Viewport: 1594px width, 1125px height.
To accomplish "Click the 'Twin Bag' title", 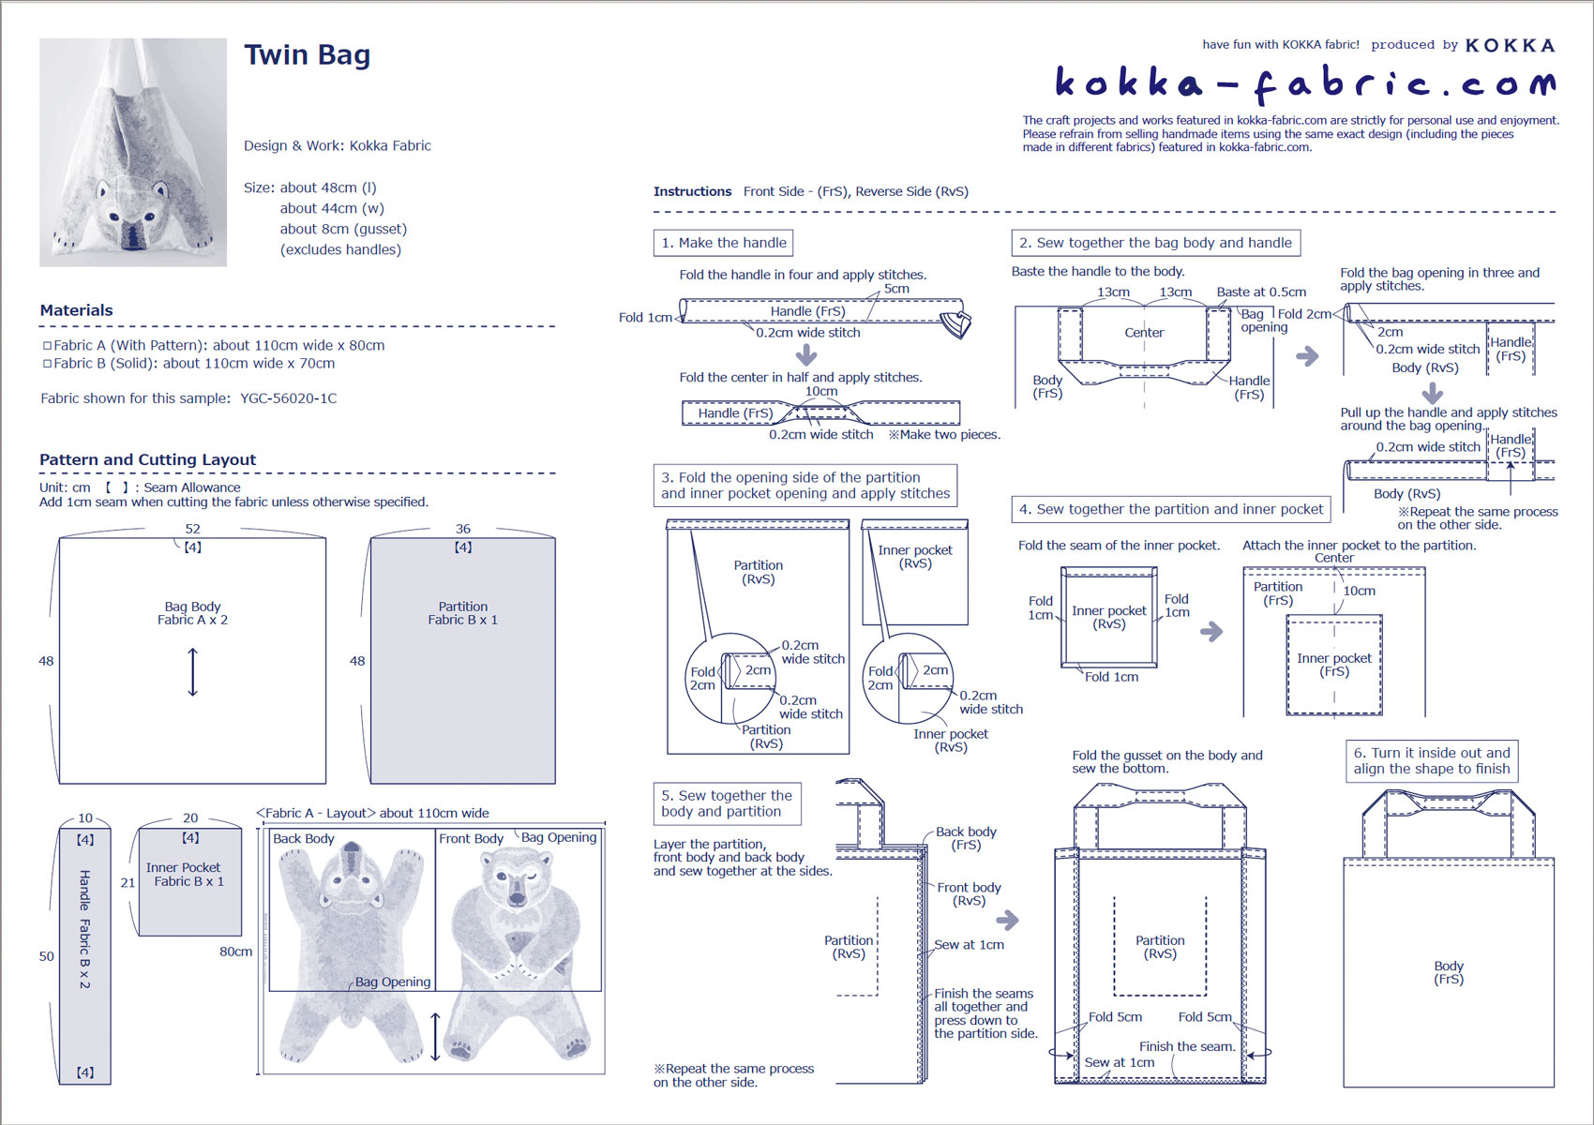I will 307,55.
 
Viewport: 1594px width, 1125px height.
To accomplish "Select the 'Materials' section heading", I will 76,310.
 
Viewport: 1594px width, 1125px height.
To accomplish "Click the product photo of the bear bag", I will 133,152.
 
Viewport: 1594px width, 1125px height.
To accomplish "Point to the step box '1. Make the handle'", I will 723,243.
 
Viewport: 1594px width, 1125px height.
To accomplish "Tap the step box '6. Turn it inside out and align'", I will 1431,760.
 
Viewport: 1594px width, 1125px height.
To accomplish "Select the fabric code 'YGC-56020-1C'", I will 288,398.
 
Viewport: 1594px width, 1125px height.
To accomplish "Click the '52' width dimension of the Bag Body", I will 192,529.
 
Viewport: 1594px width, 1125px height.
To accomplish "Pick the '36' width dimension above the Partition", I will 462,529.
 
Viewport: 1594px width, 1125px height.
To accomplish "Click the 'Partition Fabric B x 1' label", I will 462,613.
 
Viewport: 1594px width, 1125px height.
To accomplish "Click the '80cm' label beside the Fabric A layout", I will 235,952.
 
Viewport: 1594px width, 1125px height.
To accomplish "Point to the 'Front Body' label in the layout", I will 471,838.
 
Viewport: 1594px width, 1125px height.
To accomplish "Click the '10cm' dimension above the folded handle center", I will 820,392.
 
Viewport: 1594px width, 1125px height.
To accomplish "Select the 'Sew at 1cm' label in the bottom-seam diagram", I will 1119,1062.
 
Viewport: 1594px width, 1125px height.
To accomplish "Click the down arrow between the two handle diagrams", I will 806,355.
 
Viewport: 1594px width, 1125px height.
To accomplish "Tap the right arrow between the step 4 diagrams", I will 1211,631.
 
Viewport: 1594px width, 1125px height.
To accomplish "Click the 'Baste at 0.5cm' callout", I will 1261,292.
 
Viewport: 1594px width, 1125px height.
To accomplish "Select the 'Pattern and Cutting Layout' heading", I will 147,459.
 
